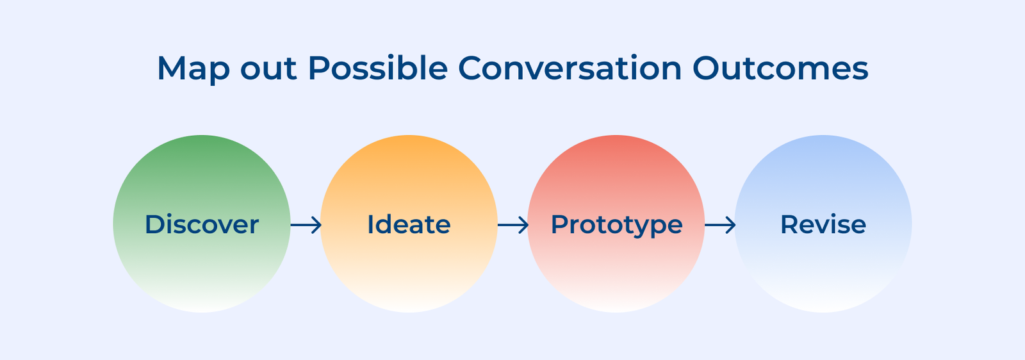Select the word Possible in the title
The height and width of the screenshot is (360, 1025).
pos(377,68)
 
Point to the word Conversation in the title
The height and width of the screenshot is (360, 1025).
pos(570,68)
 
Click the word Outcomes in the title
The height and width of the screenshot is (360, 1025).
pos(780,68)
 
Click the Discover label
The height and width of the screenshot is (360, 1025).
pos(202,224)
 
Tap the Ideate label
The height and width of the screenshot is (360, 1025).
pos(409,224)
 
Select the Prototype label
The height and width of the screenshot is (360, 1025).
pos(616,225)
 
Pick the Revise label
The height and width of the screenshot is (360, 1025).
pos(823,224)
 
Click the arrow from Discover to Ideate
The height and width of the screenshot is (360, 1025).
pos(306,225)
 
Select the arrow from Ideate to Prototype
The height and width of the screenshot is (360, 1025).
pos(513,225)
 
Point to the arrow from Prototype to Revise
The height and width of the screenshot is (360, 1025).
pos(720,225)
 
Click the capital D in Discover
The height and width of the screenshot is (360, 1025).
pos(156,224)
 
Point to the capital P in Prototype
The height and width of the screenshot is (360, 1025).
pos(561,224)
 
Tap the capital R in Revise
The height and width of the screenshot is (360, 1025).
pos(791,224)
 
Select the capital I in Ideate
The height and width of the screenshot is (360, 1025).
pos(370,224)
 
